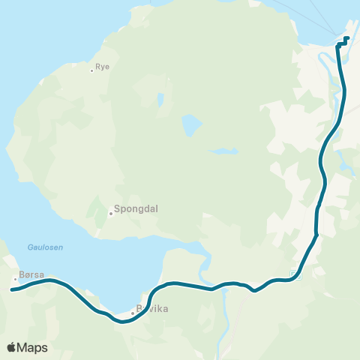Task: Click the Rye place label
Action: (x=103, y=67)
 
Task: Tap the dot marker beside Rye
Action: (x=92, y=70)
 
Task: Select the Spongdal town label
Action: (x=135, y=211)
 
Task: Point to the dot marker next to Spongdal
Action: (x=110, y=213)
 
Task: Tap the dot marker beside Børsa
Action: (x=14, y=280)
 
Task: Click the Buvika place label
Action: (x=152, y=309)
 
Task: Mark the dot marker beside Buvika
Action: (x=133, y=313)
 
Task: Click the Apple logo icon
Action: (x=12, y=347)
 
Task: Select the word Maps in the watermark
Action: (x=33, y=347)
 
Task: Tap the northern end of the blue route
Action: (x=347, y=38)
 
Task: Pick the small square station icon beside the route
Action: (x=294, y=274)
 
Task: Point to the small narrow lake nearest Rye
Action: (x=160, y=99)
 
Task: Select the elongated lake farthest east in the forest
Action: (x=223, y=151)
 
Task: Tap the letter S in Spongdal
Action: (x=117, y=211)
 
